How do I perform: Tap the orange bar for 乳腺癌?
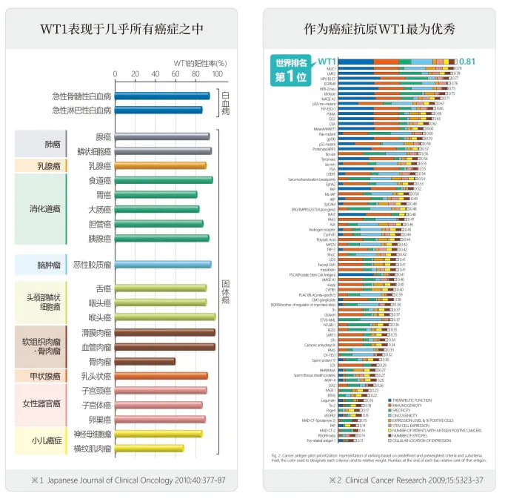(161, 165)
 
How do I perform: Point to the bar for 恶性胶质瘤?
(164, 265)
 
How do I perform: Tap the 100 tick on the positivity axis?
(217, 75)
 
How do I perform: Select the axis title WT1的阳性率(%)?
(200, 62)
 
